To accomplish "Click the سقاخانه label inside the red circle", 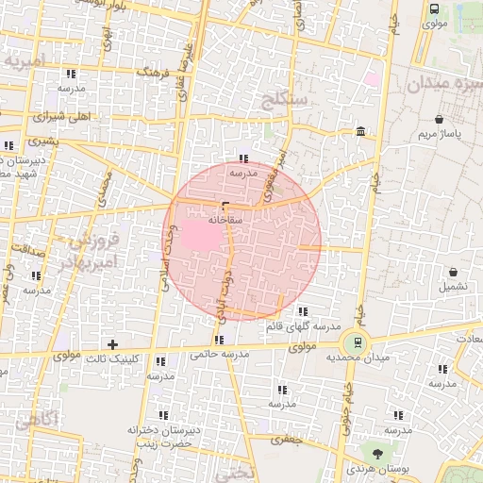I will (x=229, y=219).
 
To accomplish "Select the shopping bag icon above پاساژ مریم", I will (x=441, y=120).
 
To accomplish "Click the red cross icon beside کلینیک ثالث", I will (x=113, y=344).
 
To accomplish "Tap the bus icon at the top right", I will (x=434, y=9).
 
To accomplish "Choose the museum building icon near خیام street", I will (x=361, y=132).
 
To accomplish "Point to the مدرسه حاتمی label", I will (x=219, y=355).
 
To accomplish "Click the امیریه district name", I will (x=25, y=61).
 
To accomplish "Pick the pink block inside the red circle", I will (x=198, y=234).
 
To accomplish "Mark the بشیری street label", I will (x=42, y=141).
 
